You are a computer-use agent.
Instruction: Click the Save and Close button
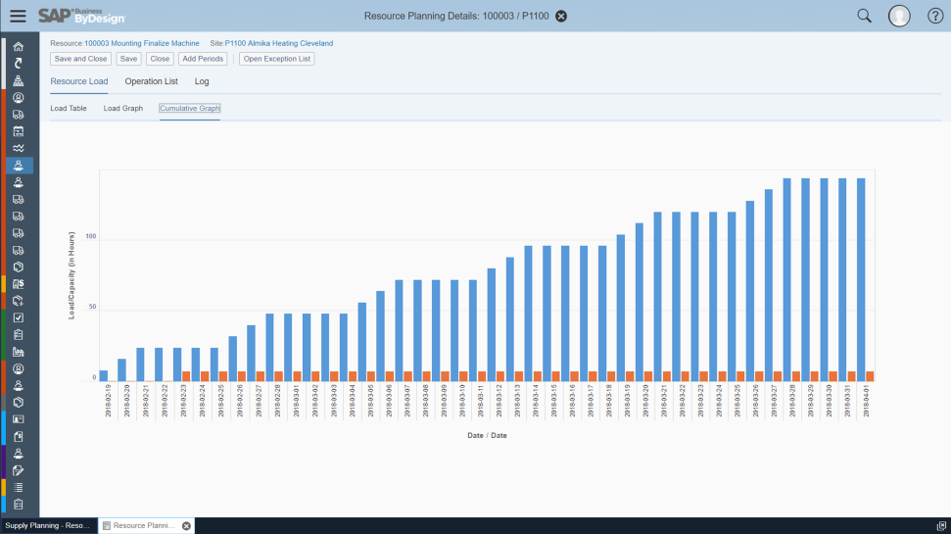pyautogui.click(x=80, y=59)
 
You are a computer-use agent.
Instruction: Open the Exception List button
pyautogui.click(x=276, y=59)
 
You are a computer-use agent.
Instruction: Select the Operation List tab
pyautogui.click(x=151, y=81)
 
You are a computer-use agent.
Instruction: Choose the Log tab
pyautogui.click(x=202, y=81)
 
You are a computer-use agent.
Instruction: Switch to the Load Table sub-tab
pyautogui.click(x=69, y=108)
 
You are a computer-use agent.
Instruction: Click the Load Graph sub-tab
pyautogui.click(x=123, y=108)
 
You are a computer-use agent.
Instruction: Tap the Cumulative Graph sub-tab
pyautogui.click(x=190, y=108)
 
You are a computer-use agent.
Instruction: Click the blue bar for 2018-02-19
pyautogui.click(x=104, y=375)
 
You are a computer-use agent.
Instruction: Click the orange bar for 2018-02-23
pyautogui.click(x=186, y=376)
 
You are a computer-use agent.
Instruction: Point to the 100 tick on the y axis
pyautogui.click(x=90, y=237)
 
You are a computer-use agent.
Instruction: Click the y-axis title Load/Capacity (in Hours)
pyautogui.click(x=71, y=275)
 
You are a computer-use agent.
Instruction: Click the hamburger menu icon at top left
pyautogui.click(x=18, y=16)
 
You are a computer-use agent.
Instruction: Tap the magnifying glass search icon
pyautogui.click(x=864, y=16)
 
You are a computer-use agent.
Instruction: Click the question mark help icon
pyautogui.click(x=935, y=16)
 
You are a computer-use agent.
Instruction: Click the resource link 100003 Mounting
pyautogui.click(x=112, y=43)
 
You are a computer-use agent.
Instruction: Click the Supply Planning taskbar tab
pyautogui.click(x=47, y=526)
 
